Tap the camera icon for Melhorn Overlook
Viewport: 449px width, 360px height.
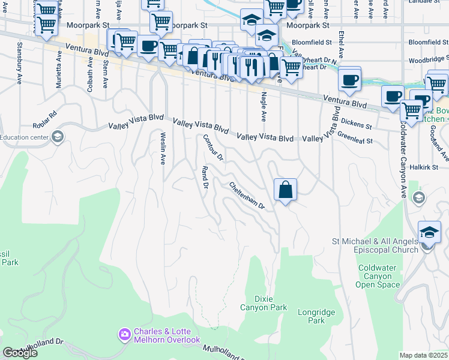tap(124, 334)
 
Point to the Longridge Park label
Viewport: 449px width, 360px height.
tap(312, 316)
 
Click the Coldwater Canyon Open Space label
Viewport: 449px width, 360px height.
tap(378, 276)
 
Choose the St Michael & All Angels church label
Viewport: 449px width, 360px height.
tap(375, 245)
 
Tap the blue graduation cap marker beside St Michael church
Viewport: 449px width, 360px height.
tap(429, 232)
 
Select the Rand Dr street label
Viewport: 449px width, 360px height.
tap(205, 178)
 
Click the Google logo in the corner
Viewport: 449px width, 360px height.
tap(19, 353)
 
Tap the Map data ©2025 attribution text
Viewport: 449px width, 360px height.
tap(423, 355)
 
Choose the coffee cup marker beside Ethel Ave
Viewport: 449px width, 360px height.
tap(349, 79)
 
